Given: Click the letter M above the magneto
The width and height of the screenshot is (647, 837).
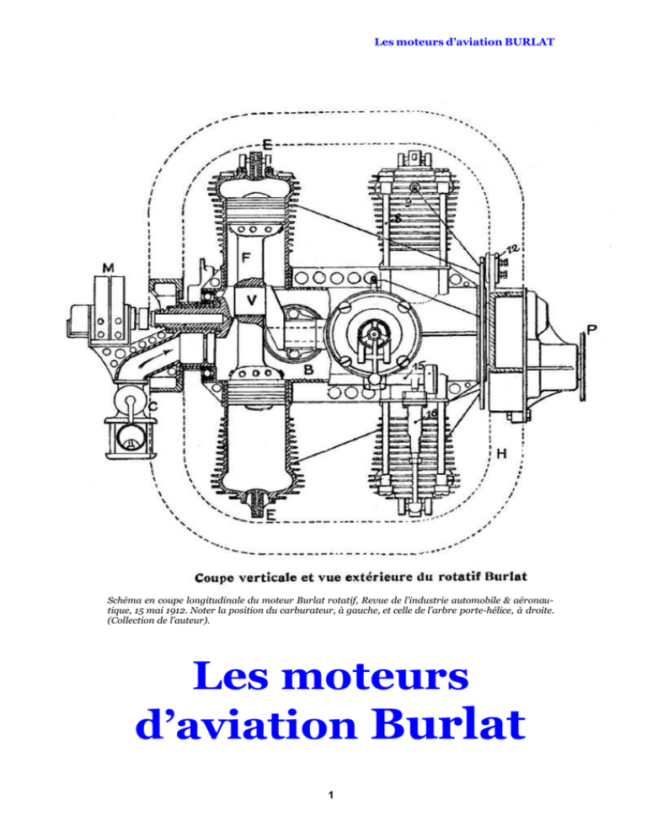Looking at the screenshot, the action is (109, 268).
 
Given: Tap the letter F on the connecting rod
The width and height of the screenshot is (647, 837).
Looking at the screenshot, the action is (246, 259).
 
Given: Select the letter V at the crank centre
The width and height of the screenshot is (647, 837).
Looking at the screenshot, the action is (251, 301).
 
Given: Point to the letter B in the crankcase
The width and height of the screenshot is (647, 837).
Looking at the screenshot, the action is (308, 369).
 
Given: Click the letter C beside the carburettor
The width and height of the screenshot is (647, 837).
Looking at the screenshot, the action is (153, 407).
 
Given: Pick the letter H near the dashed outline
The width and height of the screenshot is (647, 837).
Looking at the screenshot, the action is (502, 454).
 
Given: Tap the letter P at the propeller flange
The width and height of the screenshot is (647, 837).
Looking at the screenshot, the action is (591, 329).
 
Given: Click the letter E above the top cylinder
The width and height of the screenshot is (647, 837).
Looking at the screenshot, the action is (267, 144).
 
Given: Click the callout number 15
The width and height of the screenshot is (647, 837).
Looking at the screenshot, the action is (419, 367).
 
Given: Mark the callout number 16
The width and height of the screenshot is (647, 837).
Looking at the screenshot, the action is (431, 413).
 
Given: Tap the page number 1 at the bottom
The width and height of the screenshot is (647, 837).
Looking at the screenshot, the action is (331, 795).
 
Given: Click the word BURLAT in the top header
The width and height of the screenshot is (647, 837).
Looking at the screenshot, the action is (529, 42).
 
